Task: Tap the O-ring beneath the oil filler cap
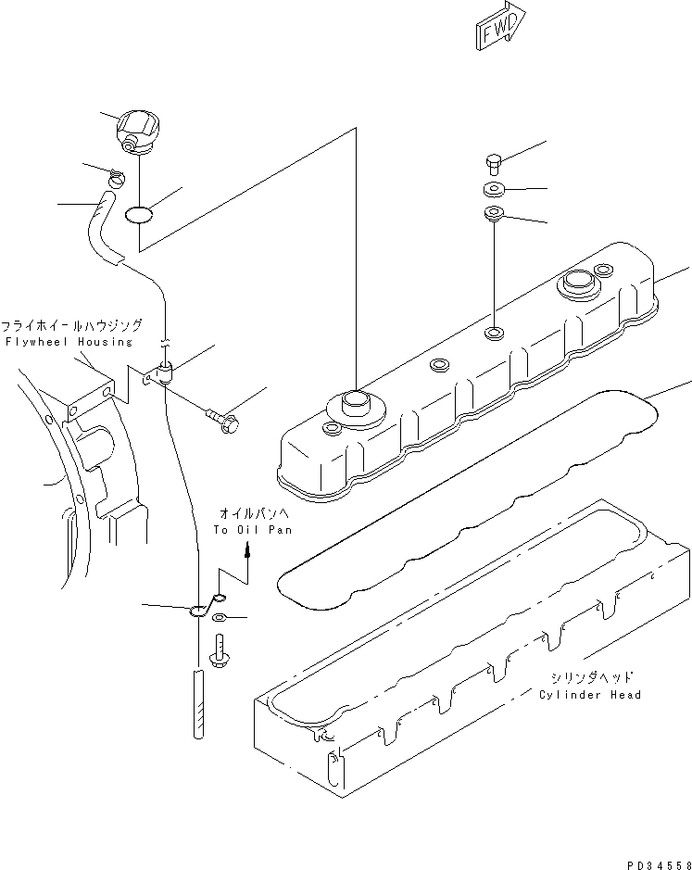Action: point(138,215)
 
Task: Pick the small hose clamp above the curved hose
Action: point(117,177)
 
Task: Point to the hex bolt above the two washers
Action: point(493,166)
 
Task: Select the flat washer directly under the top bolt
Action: point(492,192)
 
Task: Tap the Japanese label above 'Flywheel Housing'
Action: point(71,326)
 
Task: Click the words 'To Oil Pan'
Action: point(252,530)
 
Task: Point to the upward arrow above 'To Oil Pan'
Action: point(248,550)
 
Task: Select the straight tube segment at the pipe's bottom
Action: point(198,704)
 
